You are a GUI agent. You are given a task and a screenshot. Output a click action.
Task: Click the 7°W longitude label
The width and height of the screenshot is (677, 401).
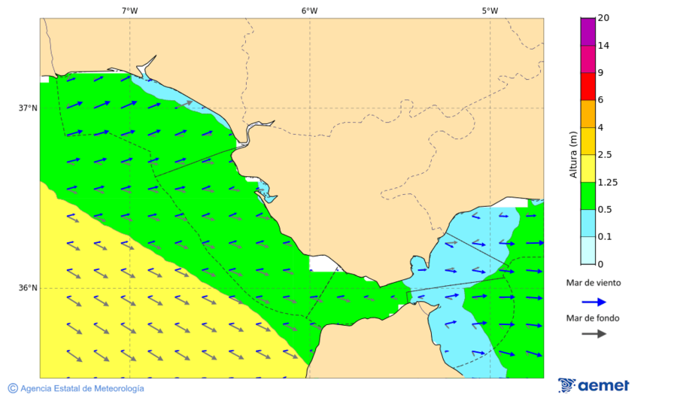click(x=129, y=11)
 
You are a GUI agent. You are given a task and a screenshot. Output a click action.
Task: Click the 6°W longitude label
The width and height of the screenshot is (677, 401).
click(x=309, y=11)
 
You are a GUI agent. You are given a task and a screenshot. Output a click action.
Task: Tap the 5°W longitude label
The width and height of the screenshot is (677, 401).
click(x=490, y=11)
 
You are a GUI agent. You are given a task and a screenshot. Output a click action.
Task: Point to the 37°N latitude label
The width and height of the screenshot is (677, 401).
click(x=28, y=108)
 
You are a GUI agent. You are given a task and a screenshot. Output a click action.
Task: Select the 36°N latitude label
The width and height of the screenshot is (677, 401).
click(x=28, y=287)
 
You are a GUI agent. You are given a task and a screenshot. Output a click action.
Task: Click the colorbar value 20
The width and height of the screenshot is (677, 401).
click(x=603, y=18)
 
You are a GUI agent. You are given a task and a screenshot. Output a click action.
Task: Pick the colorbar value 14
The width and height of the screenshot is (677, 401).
click(x=603, y=45)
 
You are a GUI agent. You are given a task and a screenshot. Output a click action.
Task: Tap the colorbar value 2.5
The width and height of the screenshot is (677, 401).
click(x=604, y=155)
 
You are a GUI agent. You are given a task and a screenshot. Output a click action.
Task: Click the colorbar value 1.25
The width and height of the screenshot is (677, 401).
click(x=606, y=182)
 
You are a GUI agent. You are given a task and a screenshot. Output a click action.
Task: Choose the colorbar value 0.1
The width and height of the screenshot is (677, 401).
click(x=604, y=237)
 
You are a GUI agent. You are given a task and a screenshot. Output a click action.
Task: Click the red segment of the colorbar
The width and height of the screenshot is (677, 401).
click(x=587, y=86)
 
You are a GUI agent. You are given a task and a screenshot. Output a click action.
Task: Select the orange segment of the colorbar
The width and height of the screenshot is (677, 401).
click(x=587, y=114)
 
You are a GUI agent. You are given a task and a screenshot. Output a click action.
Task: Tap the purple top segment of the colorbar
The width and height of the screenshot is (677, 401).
click(x=587, y=31)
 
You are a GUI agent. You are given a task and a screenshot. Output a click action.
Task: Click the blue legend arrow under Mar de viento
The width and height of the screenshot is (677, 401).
click(x=594, y=302)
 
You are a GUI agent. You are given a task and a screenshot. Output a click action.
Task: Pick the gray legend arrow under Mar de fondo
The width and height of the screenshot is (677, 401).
click(x=594, y=333)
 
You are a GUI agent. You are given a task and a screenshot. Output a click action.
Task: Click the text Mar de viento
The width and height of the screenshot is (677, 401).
click(x=594, y=283)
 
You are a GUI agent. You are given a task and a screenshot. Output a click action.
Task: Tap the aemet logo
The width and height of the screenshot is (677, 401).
click(x=594, y=385)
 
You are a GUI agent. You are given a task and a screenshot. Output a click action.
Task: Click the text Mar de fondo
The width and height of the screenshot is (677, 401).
click(x=594, y=317)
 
